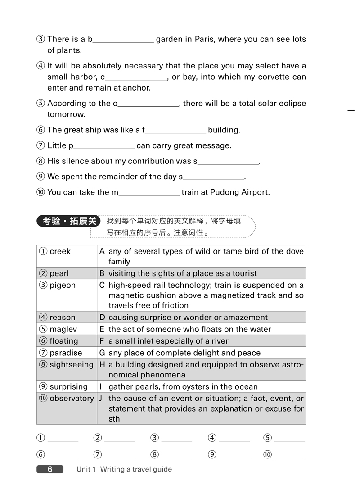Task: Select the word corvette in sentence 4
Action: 274,77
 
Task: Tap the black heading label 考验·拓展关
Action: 69,221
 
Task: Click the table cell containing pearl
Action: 67,273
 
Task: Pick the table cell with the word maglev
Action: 67,329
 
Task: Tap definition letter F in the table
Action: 102,341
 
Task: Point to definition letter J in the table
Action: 102,399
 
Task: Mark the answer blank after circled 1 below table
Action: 63,439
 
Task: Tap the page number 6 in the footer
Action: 50,469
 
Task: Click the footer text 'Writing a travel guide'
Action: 136,469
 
